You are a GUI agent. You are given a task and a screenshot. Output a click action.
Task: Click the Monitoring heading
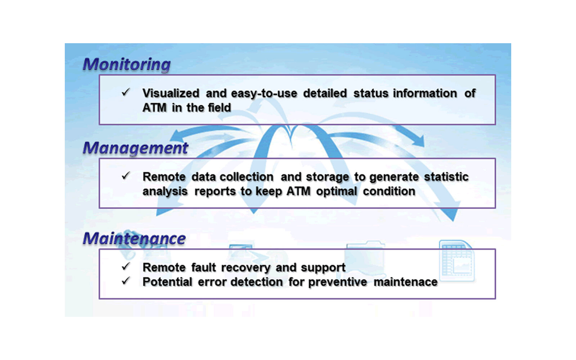(126, 64)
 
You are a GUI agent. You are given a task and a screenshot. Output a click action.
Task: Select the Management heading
(135, 148)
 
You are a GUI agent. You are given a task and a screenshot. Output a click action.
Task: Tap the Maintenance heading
(134, 238)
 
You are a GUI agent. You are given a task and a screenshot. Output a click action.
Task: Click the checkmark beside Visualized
(126, 92)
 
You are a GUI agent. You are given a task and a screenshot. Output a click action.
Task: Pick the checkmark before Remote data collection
(126, 176)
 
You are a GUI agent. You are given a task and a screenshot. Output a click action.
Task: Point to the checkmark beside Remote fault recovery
(126, 266)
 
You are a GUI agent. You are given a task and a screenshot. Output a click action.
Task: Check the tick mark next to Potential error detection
(126, 281)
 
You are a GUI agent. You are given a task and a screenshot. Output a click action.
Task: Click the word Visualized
(171, 93)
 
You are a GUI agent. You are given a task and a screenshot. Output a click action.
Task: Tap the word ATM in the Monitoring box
(154, 108)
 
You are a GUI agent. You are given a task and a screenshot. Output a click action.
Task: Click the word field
(219, 108)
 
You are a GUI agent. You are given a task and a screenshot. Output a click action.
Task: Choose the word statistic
(446, 177)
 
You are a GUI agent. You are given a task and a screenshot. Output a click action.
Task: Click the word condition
(389, 191)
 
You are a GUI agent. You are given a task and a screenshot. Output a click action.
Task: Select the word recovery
(246, 268)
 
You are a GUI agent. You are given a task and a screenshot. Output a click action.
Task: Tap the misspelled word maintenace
(405, 282)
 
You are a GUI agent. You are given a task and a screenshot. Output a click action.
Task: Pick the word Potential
(167, 282)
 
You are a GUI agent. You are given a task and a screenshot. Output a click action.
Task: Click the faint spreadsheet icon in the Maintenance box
(457, 261)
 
